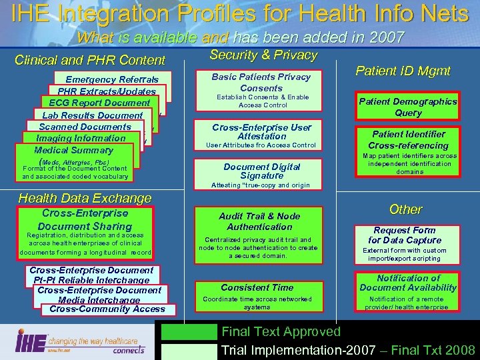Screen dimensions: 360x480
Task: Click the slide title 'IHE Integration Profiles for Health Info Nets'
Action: [240, 13]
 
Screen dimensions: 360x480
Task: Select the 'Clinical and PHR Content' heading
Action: [90, 60]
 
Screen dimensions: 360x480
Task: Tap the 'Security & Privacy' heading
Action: [263, 55]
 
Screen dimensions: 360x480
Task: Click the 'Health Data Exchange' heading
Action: [85, 198]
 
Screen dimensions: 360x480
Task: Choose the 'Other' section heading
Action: [405, 209]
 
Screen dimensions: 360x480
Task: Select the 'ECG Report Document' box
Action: [99, 103]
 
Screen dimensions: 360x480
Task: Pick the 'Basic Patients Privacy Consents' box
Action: [261, 83]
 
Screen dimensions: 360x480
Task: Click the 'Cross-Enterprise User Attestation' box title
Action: [261, 131]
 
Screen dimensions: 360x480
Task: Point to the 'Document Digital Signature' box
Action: [261, 171]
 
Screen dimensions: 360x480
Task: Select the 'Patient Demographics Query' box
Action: [408, 107]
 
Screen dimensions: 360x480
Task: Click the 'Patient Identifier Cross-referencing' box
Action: [408, 140]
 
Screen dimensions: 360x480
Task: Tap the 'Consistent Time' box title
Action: [257, 287]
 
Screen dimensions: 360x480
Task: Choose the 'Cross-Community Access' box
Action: [107, 309]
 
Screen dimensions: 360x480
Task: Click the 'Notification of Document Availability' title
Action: [408, 283]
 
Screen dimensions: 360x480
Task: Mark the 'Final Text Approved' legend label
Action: [281, 331]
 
